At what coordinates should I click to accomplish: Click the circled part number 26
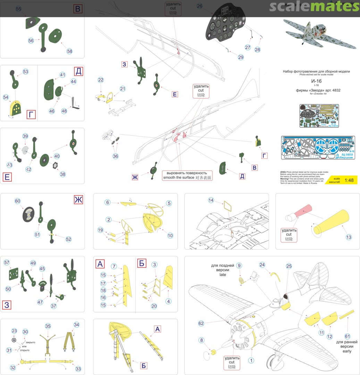[x=200, y=6]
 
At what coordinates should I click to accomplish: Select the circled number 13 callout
[x=349, y=237]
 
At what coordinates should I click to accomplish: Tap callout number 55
[x=18, y=9]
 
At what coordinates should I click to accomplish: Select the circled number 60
[x=17, y=201]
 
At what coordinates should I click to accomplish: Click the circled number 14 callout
[x=211, y=200]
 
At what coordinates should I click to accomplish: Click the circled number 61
[x=347, y=336]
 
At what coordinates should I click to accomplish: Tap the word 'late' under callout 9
[x=223, y=275]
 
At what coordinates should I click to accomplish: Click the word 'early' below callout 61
[x=347, y=351]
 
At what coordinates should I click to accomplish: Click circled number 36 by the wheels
[x=115, y=156]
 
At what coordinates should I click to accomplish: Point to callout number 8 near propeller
[x=202, y=341]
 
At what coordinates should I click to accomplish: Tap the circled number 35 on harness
[x=48, y=326]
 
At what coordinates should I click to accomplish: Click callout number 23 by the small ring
[x=14, y=331]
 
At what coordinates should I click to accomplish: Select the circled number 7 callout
[x=114, y=266]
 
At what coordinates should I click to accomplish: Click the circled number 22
[x=101, y=80]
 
